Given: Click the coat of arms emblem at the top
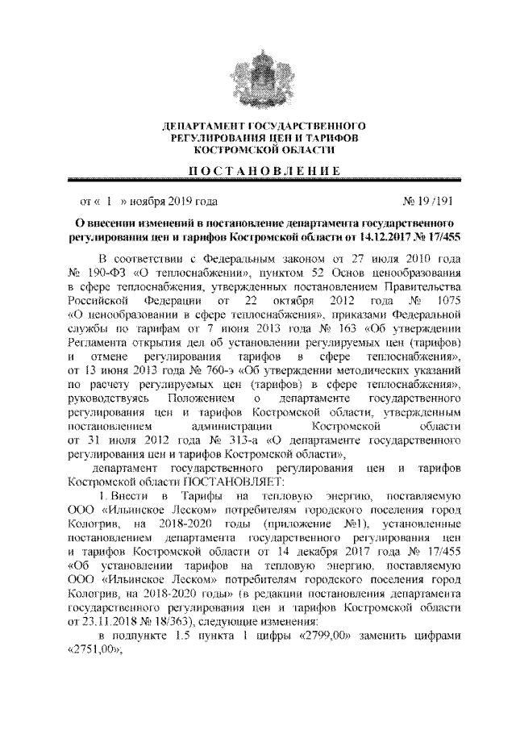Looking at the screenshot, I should (257, 77).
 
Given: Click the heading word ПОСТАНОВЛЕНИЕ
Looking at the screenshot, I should (257, 170).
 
